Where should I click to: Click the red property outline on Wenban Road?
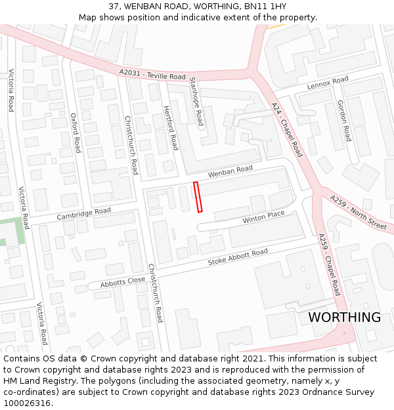point(198,197)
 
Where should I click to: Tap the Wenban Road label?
point(230,172)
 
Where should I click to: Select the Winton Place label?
point(263,217)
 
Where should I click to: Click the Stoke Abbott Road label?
point(238,256)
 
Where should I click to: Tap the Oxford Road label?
point(76,133)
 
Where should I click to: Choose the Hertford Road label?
point(171,128)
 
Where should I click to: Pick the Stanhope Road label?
point(196,100)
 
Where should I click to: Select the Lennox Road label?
point(327,83)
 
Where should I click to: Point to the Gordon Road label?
point(343,121)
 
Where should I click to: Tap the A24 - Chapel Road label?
point(287,129)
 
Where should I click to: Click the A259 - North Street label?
point(358,211)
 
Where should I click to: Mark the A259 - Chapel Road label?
point(329,264)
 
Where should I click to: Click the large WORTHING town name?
point(344,318)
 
